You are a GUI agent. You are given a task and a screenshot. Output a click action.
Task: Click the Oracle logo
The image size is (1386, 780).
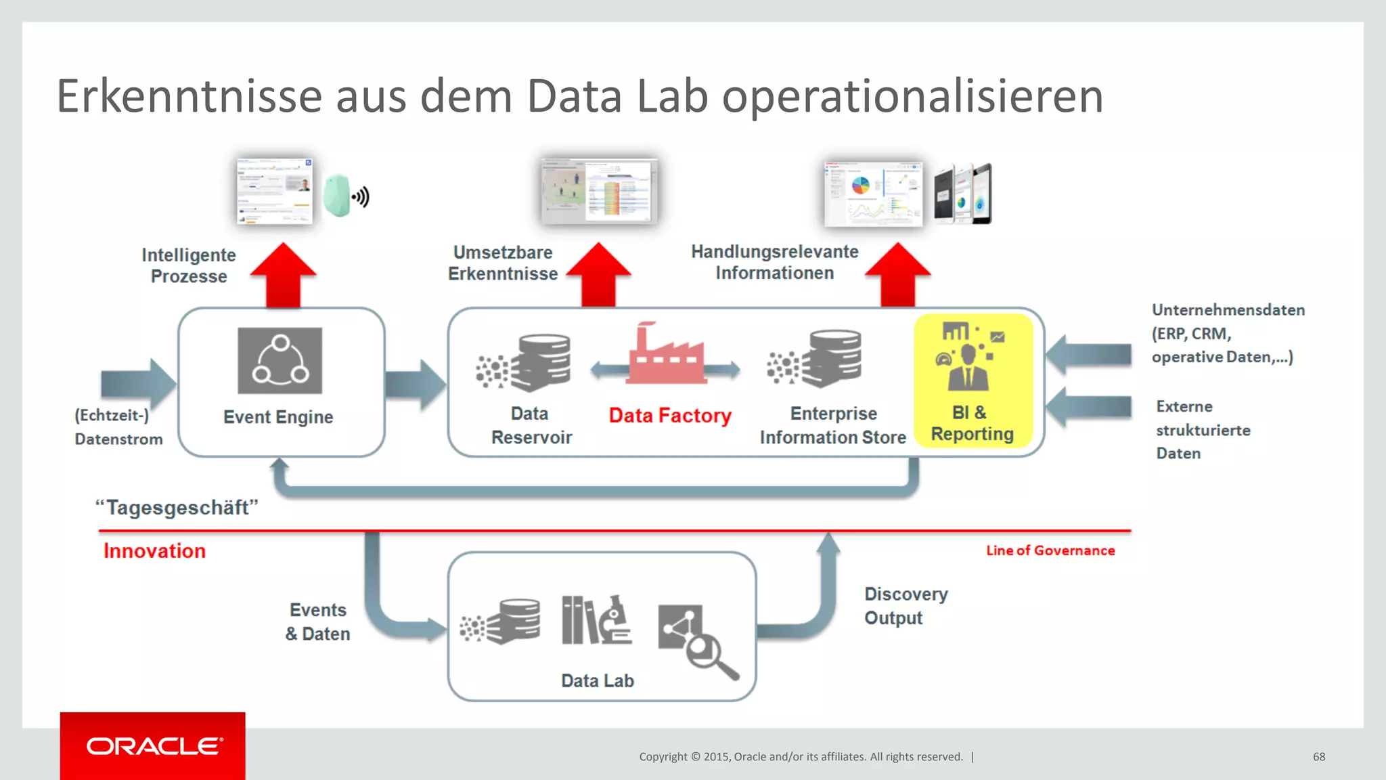point(153,746)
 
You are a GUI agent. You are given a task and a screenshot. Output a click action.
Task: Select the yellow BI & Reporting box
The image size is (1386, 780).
point(973,380)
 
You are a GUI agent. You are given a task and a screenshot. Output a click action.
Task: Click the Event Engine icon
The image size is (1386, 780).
point(280,360)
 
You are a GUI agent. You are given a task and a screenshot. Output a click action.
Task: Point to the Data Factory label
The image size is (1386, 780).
point(670,415)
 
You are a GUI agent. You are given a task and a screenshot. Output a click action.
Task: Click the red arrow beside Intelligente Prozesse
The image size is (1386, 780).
point(283,274)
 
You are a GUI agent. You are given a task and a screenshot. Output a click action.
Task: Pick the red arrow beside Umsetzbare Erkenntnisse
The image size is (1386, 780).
point(598,274)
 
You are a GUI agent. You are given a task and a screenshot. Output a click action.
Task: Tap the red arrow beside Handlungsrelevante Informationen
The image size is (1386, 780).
point(897,274)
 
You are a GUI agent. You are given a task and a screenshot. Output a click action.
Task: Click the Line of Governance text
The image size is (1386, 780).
point(1050,550)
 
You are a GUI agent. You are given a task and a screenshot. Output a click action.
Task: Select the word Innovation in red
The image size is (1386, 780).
point(154,551)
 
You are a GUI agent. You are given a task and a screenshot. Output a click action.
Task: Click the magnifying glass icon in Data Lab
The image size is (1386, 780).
point(697,640)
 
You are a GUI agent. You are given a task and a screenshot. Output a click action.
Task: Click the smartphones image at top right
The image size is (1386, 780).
point(962,194)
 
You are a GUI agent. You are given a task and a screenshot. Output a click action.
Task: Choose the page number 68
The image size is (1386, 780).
point(1318,756)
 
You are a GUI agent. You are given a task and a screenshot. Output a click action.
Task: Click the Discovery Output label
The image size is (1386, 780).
point(906,606)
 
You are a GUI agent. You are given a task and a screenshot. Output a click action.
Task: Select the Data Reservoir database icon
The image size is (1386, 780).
point(525,363)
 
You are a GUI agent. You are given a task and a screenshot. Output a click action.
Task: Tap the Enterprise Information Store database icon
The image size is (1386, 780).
point(815,359)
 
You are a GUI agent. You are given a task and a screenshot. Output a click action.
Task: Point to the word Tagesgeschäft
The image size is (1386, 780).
point(177,507)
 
